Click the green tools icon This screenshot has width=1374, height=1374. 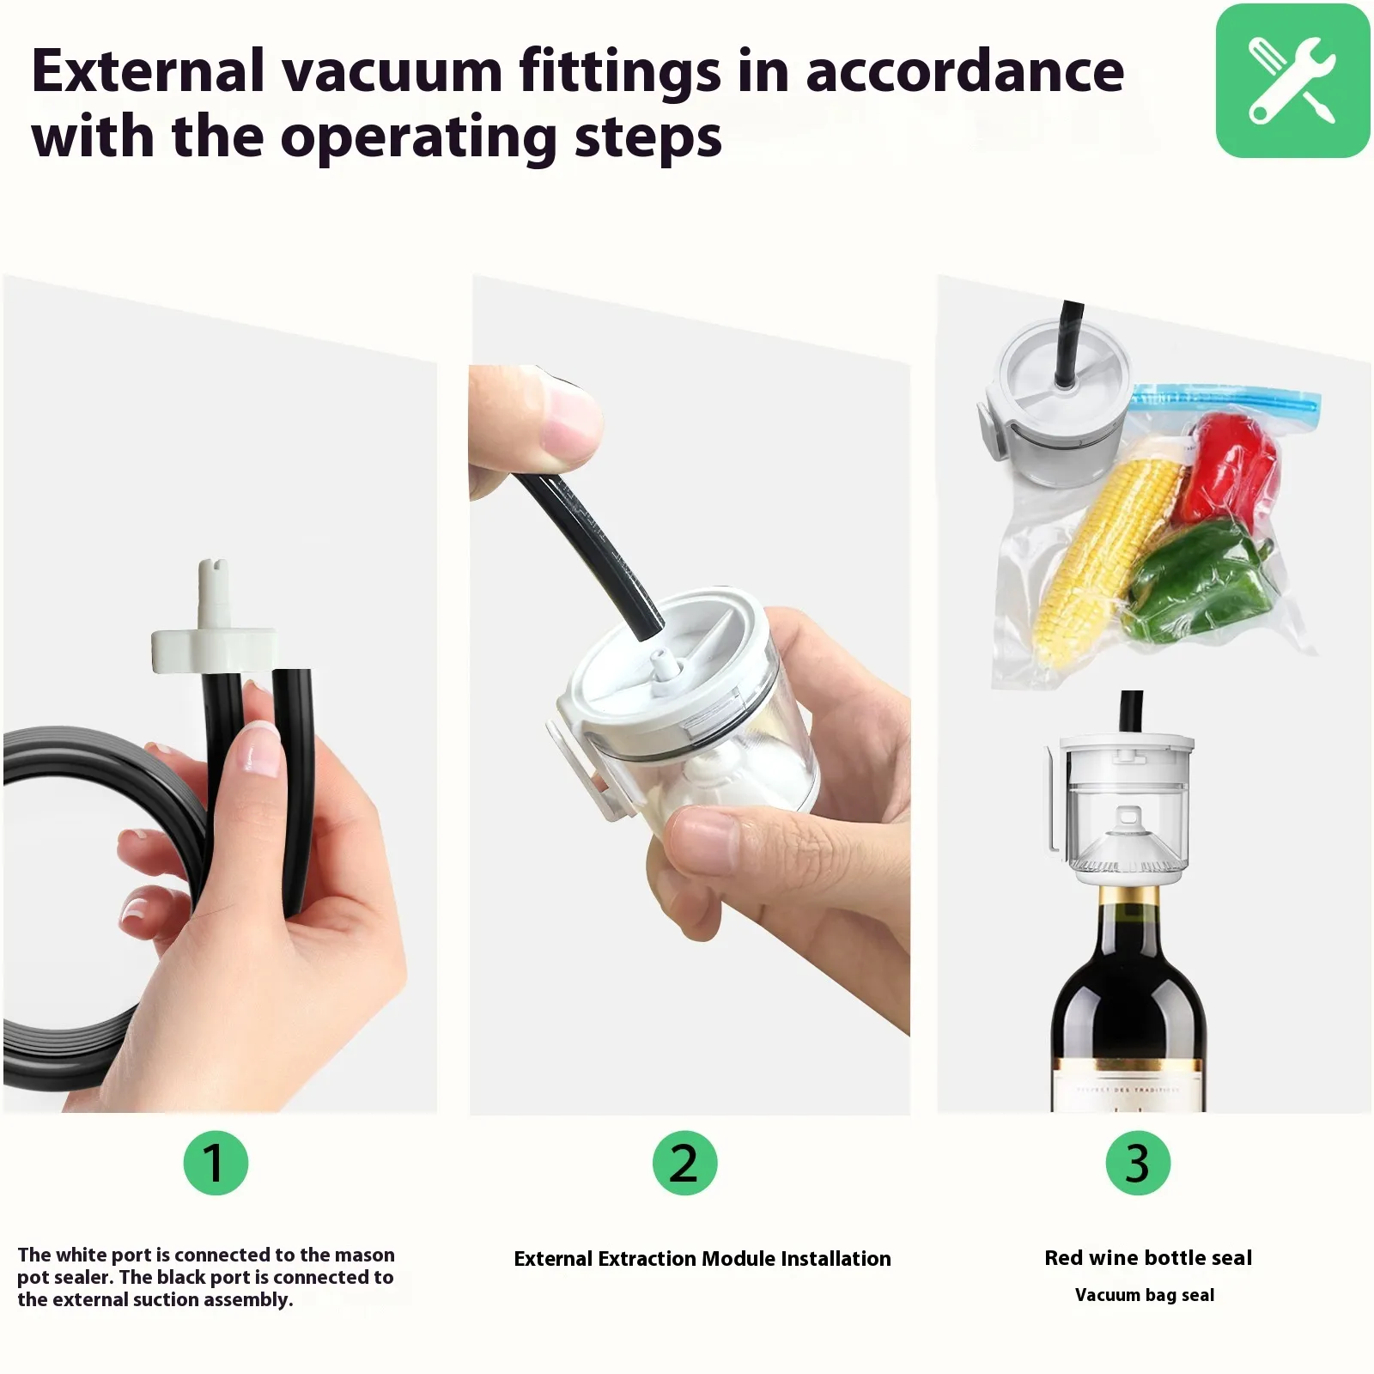(1292, 81)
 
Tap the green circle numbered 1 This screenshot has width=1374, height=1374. (216, 1163)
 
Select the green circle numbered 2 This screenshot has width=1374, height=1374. (684, 1163)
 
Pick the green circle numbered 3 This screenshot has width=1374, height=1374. (1137, 1163)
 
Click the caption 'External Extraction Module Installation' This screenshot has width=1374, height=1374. (702, 1259)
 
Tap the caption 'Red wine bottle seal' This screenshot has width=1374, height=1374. (1148, 1258)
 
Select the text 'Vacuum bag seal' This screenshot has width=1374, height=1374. (1145, 1295)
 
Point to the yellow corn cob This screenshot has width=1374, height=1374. (1108, 558)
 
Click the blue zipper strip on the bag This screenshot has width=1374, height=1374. (1226, 399)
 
